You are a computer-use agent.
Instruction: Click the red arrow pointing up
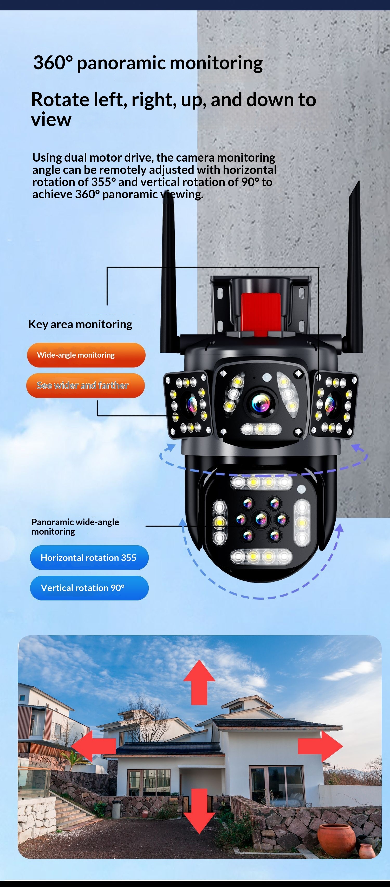click(199, 683)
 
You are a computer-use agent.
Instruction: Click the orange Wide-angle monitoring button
click(86, 355)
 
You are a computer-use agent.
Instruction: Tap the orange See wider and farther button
click(86, 385)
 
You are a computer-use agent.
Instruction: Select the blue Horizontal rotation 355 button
click(89, 557)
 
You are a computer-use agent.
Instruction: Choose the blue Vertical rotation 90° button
click(89, 588)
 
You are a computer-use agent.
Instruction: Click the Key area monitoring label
click(80, 324)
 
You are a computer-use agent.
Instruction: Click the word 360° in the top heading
click(53, 63)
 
